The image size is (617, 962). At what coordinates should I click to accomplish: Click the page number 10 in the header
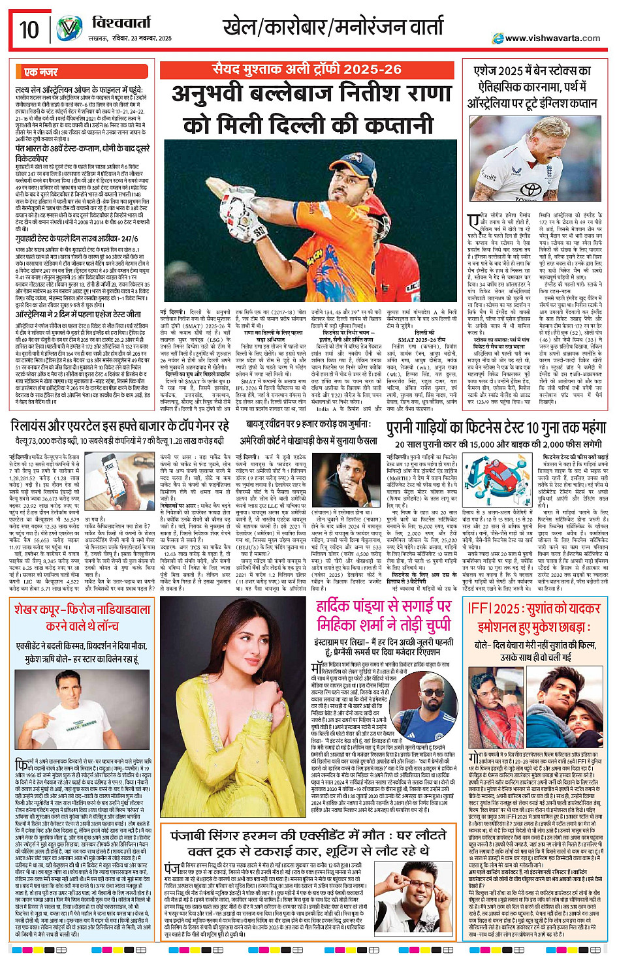click(x=29, y=29)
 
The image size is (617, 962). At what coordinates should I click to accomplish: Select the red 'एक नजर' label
click(x=40, y=72)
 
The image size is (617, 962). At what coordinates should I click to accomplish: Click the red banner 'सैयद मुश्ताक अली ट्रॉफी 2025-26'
click(x=307, y=69)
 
